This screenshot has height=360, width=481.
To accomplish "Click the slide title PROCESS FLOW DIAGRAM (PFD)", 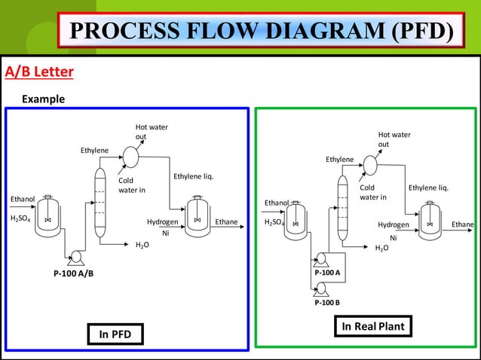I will (x=264, y=31).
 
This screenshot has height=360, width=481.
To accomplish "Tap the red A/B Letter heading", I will (x=39, y=72).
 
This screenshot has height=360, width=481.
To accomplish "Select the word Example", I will (x=43, y=99).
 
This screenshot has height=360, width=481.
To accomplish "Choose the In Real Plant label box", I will (x=373, y=326).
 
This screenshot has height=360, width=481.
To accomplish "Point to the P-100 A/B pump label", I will (x=73, y=273).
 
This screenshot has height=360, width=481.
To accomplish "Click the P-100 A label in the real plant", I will (x=327, y=272).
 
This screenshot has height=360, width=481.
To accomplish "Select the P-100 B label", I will (x=327, y=302).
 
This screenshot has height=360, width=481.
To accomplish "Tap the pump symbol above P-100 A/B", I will (x=75, y=258).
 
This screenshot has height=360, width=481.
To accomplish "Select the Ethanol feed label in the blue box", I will (x=22, y=199).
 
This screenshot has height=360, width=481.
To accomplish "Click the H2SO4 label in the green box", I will (x=274, y=223).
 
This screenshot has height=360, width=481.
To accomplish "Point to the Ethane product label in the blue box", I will (x=226, y=222).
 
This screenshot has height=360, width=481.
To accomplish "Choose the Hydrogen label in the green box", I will (x=394, y=224).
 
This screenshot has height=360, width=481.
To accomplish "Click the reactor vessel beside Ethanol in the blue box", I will (x=48, y=215).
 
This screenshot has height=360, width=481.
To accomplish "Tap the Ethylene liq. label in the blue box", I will (x=194, y=177).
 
